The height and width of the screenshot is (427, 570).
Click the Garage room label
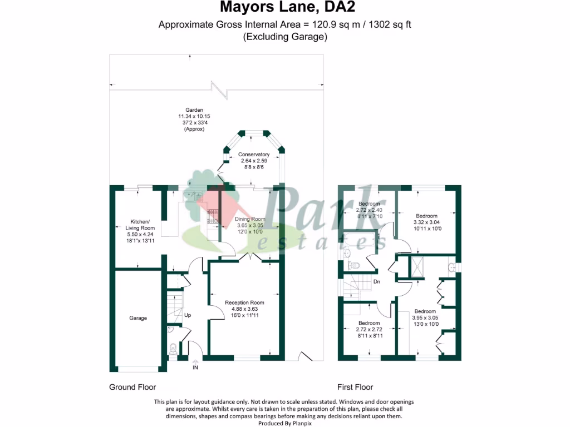[138, 318]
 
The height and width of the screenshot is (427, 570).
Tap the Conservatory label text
[254, 155]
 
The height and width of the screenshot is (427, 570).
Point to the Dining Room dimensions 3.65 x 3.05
[250, 225]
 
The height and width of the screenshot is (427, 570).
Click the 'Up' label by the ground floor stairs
[188, 315]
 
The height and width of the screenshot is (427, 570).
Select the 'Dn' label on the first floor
[376, 282]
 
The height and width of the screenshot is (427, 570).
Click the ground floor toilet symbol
[173, 349]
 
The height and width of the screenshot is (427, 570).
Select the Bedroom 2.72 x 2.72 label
[369, 323]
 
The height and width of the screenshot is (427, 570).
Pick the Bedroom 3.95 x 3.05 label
[425, 311]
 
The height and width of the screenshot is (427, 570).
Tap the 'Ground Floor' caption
[132, 387]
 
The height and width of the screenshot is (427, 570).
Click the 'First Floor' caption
[355, 387]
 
